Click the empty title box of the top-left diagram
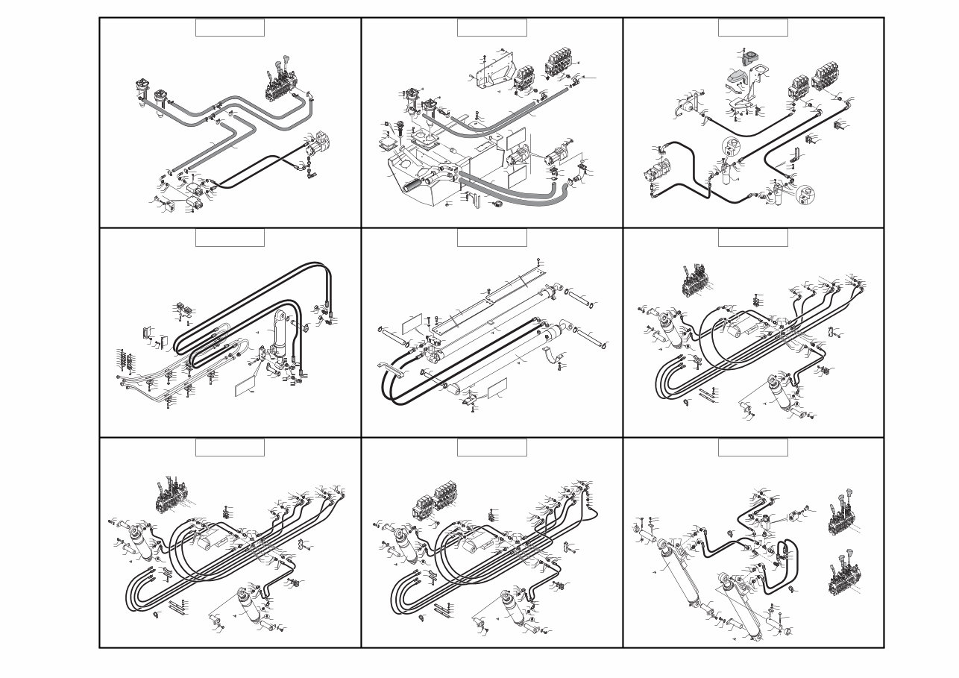coord(230,28)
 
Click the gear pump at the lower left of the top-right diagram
coord(655,172)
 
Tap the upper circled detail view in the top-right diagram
coord(732,147)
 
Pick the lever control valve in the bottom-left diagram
coord(170,496)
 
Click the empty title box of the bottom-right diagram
coord(752,448)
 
